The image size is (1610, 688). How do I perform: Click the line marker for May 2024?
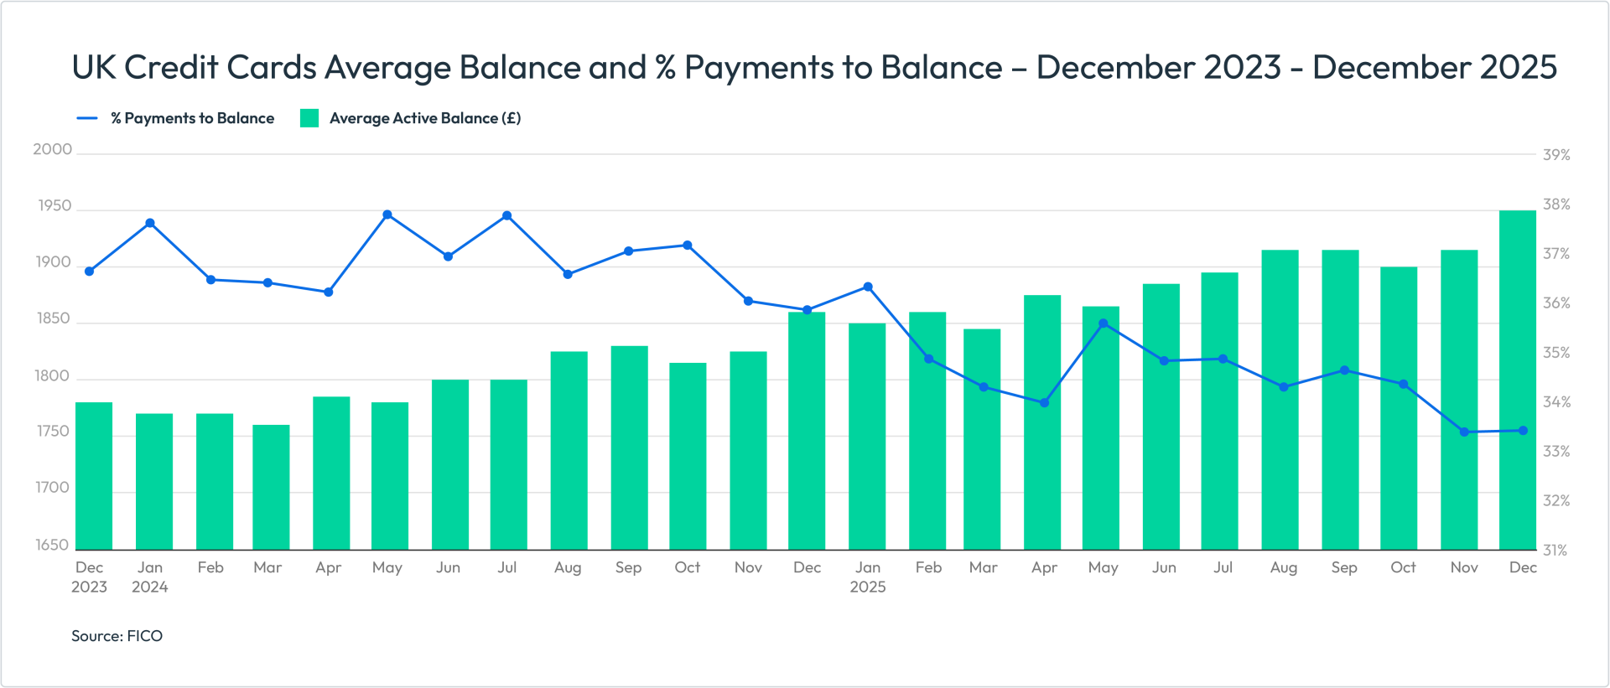(x=387, y=215)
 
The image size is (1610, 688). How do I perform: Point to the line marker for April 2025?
(x=1044, y=403)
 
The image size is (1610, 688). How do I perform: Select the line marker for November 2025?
(x=1464, y=432)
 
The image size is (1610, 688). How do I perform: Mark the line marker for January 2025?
(x=868, y=287)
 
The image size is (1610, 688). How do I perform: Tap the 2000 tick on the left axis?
(x=52, y=150)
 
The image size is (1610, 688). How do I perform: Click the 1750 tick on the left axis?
(x=52, y=432)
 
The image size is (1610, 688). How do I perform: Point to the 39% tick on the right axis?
(x=1556, y=155)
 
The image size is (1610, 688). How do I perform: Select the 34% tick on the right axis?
(x=1556, y=402)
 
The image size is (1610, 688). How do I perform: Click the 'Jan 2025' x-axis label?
(x=868, y=577)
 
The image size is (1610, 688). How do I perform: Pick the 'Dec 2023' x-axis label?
(x=89, y=577)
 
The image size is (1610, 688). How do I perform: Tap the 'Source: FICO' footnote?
(x=117, y=636)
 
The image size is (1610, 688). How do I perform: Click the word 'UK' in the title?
(x=93, y=67)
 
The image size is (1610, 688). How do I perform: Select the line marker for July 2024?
(x=507, y=216)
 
